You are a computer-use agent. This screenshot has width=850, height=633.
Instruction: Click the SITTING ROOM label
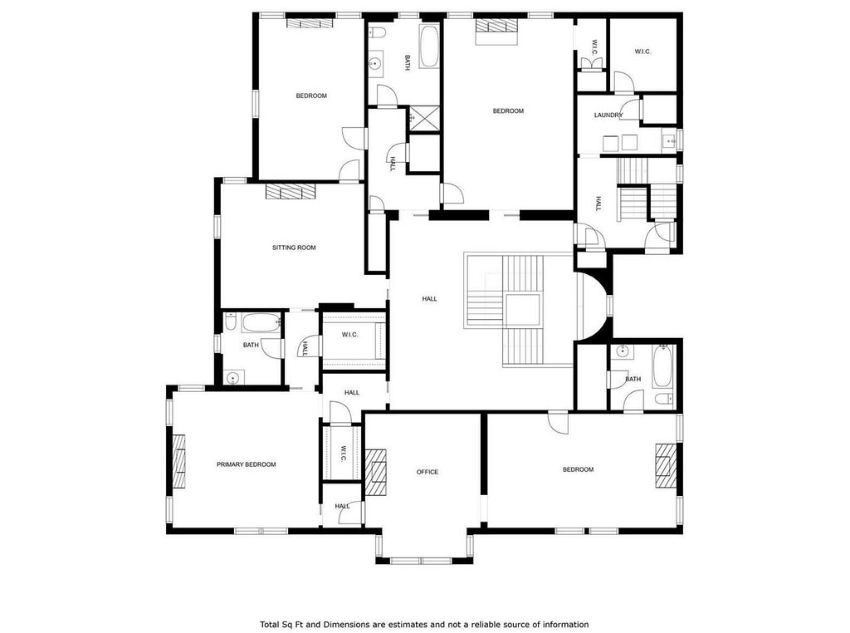(294, 248)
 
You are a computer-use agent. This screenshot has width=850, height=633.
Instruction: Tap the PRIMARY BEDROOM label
(246, 464)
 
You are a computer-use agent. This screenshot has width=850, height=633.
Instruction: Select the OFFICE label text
(427, 472)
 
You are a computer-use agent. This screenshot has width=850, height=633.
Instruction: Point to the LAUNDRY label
(608, 115)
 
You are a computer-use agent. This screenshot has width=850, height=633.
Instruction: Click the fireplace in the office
(375, 471)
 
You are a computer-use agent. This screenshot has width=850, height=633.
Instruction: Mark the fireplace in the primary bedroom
(179, 462)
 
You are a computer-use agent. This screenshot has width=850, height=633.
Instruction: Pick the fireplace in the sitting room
(290, 191)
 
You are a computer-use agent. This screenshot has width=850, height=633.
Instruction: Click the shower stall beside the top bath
(424, 118)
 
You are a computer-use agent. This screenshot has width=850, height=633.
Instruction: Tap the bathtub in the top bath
(429, 47)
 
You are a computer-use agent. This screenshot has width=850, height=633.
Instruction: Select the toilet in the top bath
(378, 32)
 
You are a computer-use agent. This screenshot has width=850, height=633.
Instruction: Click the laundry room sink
(670, 141)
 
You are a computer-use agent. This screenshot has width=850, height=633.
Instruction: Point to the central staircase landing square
(523, 310)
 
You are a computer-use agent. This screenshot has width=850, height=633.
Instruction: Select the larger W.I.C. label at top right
(643, 52)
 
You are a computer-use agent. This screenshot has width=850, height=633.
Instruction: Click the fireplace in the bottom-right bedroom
(666, 465)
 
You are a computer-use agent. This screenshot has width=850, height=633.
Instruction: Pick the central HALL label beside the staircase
(429, 299)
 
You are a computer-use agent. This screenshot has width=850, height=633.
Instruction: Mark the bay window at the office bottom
(421, 561)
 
